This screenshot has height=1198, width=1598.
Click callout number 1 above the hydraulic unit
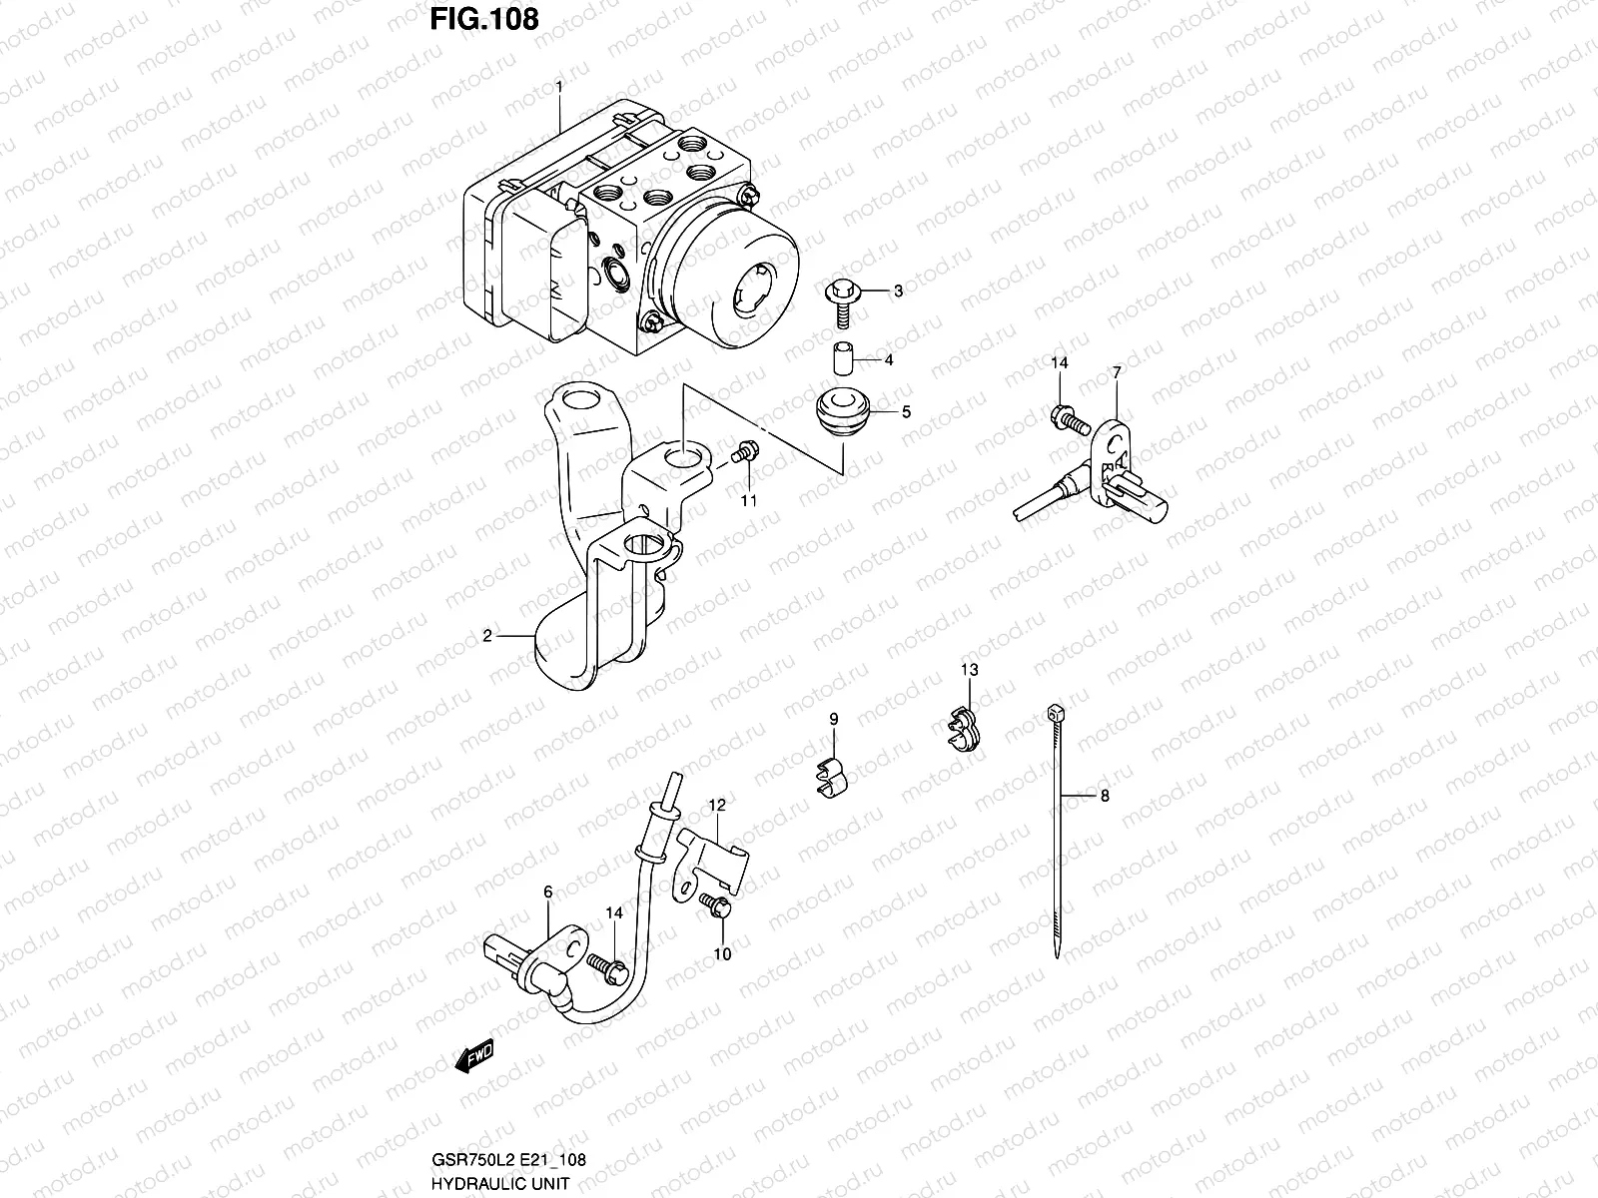[x=559, y=88]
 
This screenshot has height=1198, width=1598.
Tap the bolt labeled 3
[x=837, y=297]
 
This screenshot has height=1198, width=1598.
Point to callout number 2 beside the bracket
[x=487, y=635]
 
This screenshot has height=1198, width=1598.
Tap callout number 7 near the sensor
[x=1117, y=372]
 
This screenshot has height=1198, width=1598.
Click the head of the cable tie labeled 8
[x=1054, y=712]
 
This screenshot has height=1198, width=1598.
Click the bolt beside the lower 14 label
[x=605, y=963]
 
